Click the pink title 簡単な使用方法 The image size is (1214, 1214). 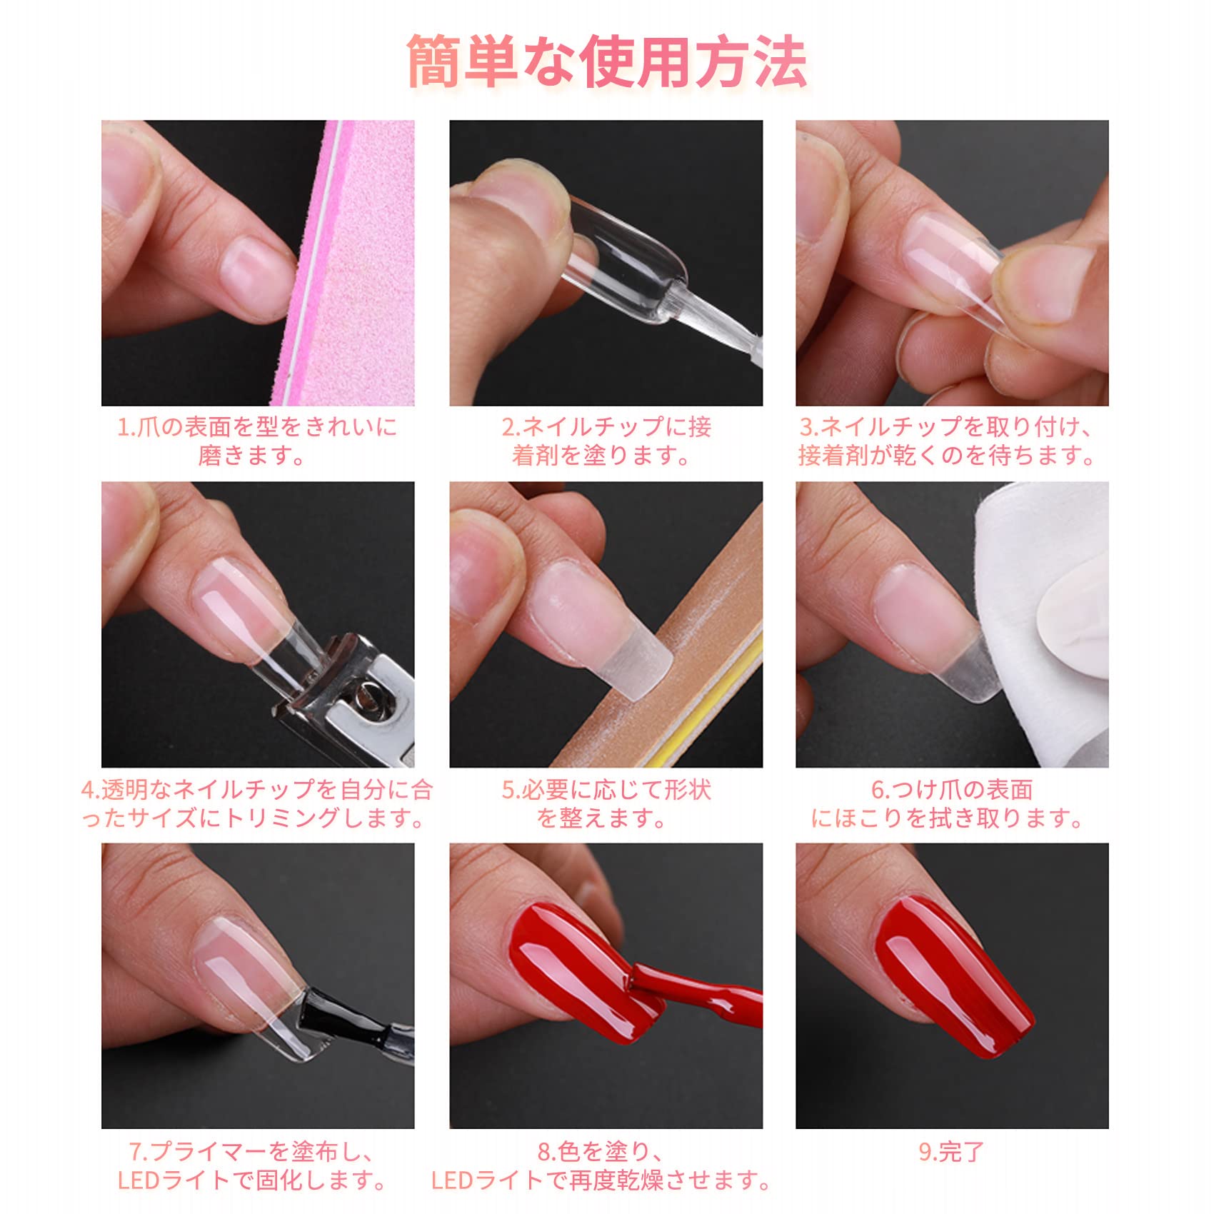(x=607, y=63)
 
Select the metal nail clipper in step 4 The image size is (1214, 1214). (x=343, y=700)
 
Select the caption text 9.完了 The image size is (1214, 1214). (x=952, y=1152)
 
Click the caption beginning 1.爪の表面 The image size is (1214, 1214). (x=257, y=441)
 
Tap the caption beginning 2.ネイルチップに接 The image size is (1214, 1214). (x=606, y=441)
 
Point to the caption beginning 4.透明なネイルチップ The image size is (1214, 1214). (x=257, y=803)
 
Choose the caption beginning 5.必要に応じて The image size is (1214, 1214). (x=606, y=803)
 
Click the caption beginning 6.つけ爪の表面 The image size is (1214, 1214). (x=952, y=803)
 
